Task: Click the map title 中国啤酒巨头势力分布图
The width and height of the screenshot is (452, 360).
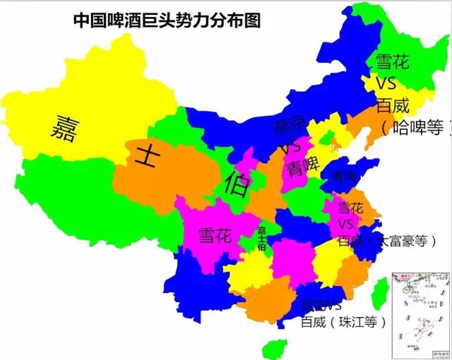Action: coord(167,20)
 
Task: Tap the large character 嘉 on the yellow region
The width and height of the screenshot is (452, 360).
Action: coord(63,128)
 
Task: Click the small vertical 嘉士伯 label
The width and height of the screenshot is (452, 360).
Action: coord(262,239)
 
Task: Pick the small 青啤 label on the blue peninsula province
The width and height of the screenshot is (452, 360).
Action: coord(345,176)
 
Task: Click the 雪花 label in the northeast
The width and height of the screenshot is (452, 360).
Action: coord(391,62)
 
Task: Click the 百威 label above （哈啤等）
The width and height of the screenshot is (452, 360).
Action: coord(392,106)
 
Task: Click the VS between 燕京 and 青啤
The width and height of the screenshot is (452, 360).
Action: coord(289,149)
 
